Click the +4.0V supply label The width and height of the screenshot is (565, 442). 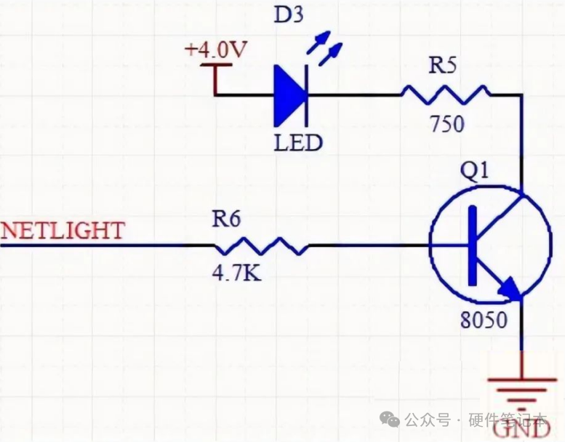pos(217,51)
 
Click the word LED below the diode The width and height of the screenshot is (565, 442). pos(298,142)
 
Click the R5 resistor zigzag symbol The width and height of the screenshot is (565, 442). pos(445,95)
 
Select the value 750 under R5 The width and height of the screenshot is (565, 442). pos(446,124)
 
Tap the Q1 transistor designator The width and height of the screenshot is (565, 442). pos(476,172)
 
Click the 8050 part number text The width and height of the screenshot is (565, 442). pos(484,320)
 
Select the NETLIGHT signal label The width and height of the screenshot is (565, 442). pos(63,230)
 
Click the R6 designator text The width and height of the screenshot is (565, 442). pos(226,219)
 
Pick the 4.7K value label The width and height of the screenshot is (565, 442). pos(236,275)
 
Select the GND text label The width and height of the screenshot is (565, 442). pos(522,430)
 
